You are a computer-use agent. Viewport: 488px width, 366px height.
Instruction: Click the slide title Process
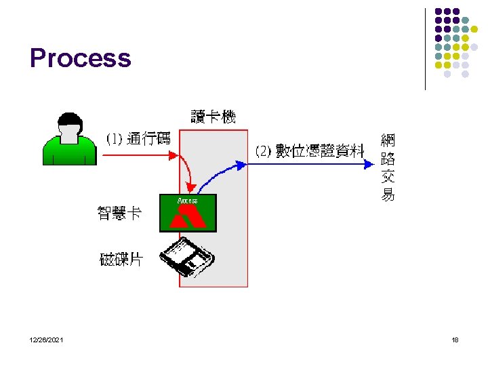80,58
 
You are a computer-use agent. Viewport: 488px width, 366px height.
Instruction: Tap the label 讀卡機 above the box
213,117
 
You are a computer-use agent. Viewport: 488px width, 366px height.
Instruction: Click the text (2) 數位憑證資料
310,150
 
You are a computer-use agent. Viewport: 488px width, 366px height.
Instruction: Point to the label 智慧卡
120,213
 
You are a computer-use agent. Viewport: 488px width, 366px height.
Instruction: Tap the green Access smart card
188,213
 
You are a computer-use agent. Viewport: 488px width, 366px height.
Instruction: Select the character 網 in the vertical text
388,141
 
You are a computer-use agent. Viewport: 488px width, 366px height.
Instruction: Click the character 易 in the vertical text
388,196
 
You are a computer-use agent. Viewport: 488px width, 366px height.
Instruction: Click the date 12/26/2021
47,340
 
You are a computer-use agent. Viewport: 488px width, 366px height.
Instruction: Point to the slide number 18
455,340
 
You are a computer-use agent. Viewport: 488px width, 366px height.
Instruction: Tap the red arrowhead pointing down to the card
192,188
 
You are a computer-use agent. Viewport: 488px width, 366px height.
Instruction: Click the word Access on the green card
187,201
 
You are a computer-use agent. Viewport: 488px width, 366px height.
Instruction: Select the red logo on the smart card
188,218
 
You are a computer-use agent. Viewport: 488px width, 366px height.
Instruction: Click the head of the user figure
69,128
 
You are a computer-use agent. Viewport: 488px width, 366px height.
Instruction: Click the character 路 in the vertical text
388,159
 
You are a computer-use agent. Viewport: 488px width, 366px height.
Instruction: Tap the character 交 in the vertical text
388,178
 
